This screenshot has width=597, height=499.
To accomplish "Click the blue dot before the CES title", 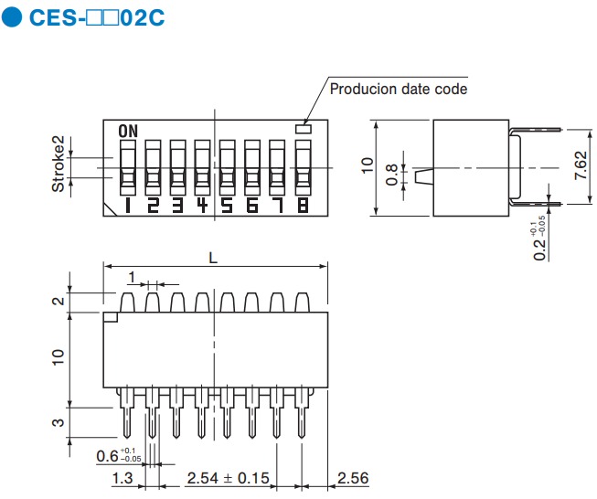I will tap(12, 19).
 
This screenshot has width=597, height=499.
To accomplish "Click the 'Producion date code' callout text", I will tap(398, 89).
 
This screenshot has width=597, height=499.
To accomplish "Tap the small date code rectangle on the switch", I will tap(304, 129).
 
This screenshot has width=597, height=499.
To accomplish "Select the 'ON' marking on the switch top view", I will tap(128, 130).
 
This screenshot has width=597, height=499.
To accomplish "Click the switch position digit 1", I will tap(126, 206).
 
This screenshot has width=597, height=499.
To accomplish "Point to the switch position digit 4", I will tap(202, 206).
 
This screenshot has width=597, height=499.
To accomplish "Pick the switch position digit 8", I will tap(303, 206).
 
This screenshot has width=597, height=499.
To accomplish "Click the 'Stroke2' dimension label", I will tap(58, 165).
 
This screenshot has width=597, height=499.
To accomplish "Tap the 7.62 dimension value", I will tap(581, 166).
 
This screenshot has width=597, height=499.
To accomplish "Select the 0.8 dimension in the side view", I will tap(392, 175).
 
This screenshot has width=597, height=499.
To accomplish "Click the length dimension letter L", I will tap(213, 258).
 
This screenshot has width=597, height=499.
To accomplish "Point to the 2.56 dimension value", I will tap(352, 478).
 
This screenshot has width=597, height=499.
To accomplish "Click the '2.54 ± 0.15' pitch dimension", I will tap(228, 478).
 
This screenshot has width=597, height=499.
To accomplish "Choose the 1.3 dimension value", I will tap(122, 478).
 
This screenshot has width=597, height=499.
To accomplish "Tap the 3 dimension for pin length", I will tap(58, 422).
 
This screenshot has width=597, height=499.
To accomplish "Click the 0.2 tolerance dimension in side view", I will tap(541, 239).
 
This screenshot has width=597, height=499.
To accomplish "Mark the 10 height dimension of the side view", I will tap(368, 165).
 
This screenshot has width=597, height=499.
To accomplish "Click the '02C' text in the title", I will tap(142, 18).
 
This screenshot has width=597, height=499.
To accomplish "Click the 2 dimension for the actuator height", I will tap(58, 302).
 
